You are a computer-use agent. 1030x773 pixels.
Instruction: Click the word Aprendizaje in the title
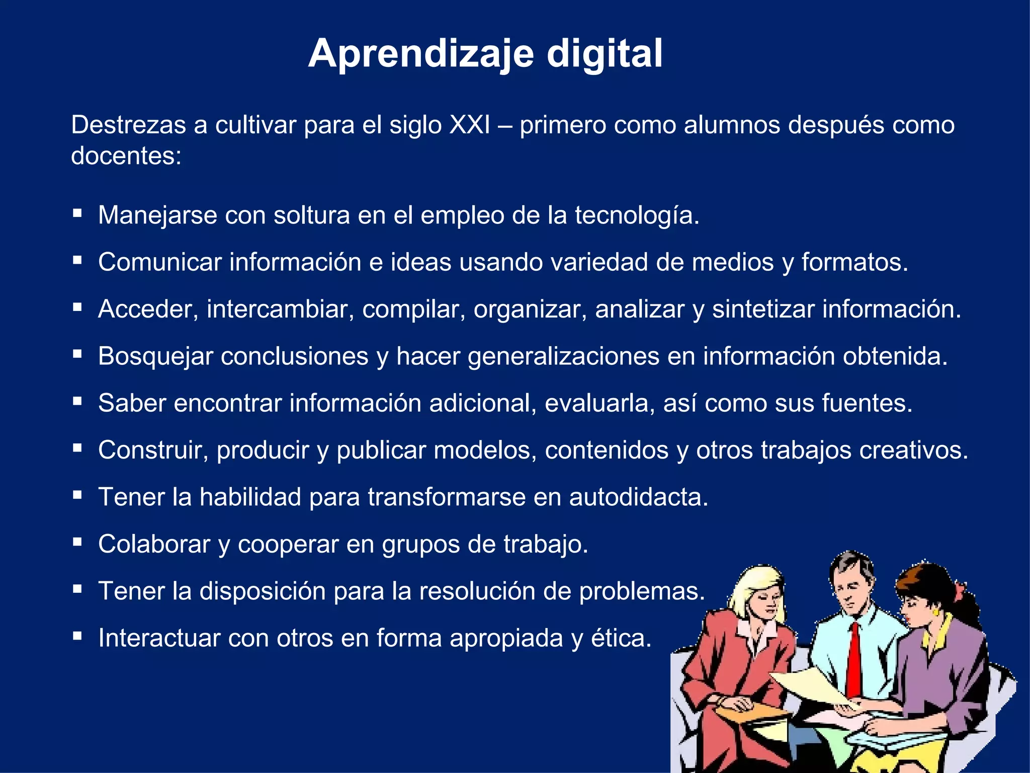(x=421, y=54)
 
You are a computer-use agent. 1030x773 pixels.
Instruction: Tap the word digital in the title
(x=605, y=54)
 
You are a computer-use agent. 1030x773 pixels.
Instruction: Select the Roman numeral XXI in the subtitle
(x=469, y=125)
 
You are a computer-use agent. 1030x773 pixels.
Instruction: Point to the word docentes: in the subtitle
(x=126, y=156)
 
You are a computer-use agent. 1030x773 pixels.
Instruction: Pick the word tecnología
(x=637, y=215)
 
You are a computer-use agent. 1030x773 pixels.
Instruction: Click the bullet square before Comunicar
(x=77, y=260)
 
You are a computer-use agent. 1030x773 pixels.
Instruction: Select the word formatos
(x=854, y=262)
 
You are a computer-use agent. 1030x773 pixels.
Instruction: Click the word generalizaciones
(x=563, y=356)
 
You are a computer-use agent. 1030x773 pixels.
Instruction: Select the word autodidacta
(x=638, y=497)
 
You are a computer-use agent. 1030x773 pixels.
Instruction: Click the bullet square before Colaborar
(x=77, y=542)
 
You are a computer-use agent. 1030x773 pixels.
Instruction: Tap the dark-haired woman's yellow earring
(x=935, y=612)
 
